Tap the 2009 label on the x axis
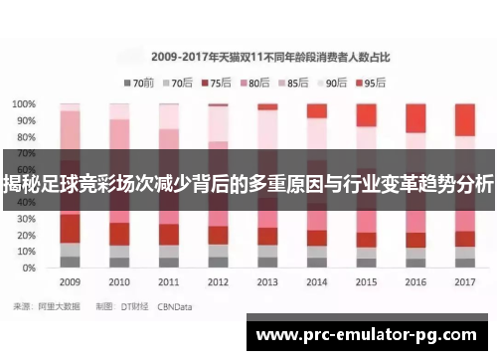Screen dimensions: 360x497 [x=70, y=282]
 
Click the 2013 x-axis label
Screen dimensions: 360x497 [x=267, y=282]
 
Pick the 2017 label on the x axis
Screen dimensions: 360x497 [x=464, y=282]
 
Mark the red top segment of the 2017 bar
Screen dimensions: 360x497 [x=465, y=119]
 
